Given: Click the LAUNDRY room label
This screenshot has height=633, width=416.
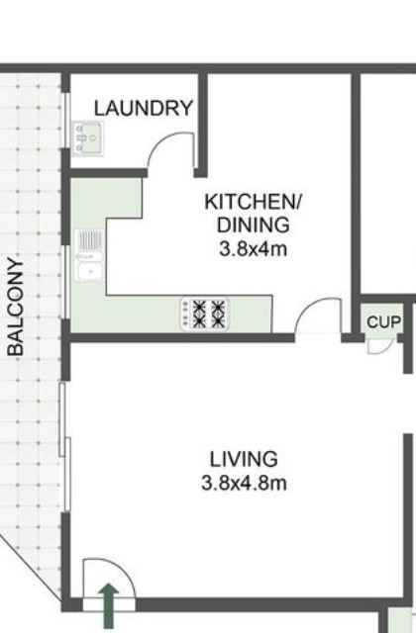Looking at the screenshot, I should pos(144,109).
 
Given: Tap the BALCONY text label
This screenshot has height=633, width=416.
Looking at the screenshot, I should pos(15,306).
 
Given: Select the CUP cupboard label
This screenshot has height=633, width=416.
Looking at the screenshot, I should pos(383,322).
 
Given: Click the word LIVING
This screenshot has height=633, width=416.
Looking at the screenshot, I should pos(244,460).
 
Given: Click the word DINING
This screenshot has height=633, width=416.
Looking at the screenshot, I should pos(253,225).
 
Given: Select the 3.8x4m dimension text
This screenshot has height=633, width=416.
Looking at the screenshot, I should pos(253,248).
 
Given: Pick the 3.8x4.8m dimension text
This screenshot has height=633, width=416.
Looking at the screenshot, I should pos(244,484).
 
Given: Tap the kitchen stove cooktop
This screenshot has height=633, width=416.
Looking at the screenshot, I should pos(203,314).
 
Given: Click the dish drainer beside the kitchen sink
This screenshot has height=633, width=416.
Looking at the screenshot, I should pos(89,239).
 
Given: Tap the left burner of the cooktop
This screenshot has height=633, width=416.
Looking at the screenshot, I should pos(193,314).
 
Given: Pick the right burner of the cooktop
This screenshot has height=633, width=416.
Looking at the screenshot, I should pos(215,314).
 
